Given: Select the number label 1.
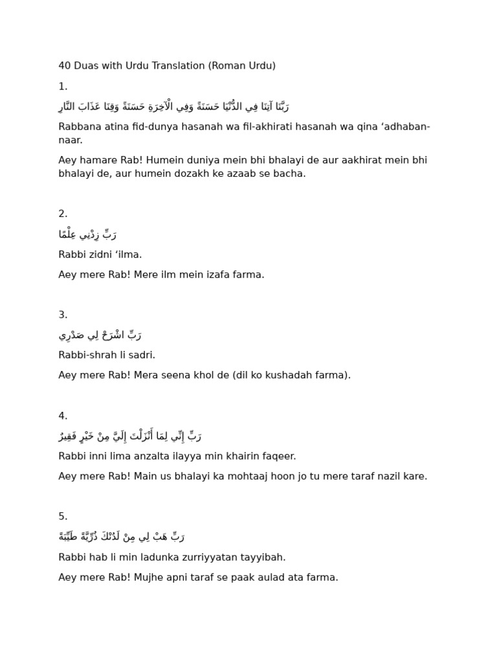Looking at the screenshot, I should (x=63, y=86).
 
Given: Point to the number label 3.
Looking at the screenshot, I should (x=63, y=315).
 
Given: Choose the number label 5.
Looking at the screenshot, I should (x=63, y=516).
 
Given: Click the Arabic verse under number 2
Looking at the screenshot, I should (x=87, y=234).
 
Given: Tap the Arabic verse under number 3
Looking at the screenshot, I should (x=100, y=335).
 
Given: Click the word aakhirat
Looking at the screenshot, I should (x=334, y=160).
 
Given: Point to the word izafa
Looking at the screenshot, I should (x=214, y=275).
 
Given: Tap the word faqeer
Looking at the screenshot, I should (x=278, y=456).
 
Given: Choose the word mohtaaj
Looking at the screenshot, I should (x=236, y=476).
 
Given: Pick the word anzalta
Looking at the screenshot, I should (x=132, y=456).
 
